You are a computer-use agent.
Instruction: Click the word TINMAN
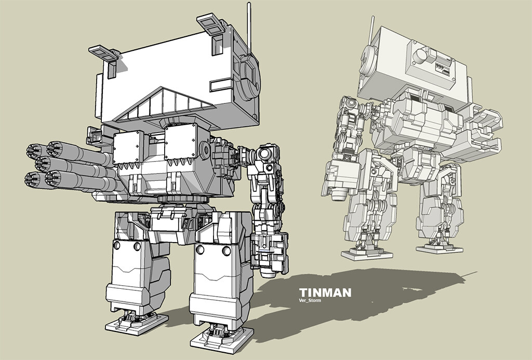coord(325,292)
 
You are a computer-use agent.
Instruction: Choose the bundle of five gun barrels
coord(68,164)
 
